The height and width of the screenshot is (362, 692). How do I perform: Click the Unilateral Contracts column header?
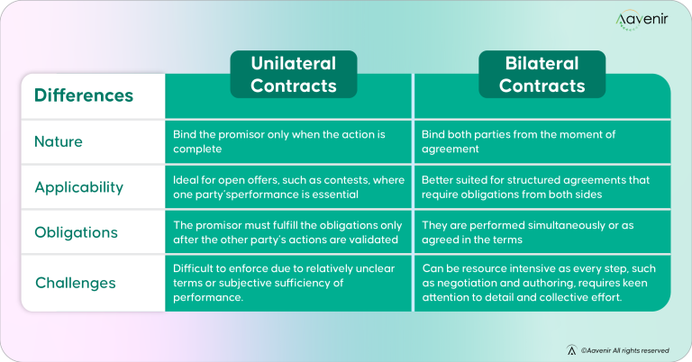pyautogui.click(x=293, y=75)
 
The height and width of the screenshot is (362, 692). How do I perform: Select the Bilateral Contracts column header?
pyautogui.click(x=542, y=75)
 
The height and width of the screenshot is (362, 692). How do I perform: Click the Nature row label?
pyautogui.click(x=59, y=141)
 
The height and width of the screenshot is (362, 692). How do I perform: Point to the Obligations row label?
pyautogui.click(x=76, y=232)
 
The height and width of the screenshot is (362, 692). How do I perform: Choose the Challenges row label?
pyautogui.click(x=75, y=283)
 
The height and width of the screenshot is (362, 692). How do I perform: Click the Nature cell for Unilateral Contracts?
pyautogui.click(x=287, y=141)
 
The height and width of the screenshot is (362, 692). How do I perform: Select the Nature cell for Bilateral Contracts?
pyautogui.click(x=541, y=141)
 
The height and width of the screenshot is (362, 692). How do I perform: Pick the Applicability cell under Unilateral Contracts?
pyautogui.click(x=287, y=186)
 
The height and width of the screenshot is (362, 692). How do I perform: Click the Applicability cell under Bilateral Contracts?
pyautogui.click(x=541, y=186)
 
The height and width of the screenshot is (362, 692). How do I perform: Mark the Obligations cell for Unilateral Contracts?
pyautogui.click(x=287, y=232)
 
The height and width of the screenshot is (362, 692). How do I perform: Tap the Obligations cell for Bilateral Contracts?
pyautogui.click(x=541, y=232)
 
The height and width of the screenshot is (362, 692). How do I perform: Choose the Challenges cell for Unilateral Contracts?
pyautogui.click(x=287, y=283)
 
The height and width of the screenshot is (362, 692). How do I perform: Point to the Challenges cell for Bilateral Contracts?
pyautogui.click(x=541, y=283)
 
